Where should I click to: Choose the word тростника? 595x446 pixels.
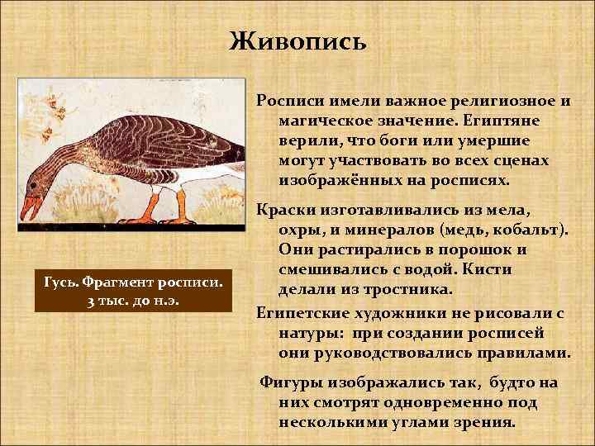(x=411, y=289)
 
